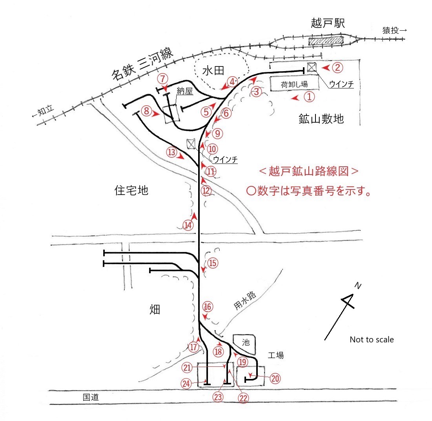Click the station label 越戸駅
point(328,23)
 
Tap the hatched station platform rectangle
point(326,41)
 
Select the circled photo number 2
point(337,68)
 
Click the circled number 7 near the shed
point(162,79)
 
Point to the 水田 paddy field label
point(213,71)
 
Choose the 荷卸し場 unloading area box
point(294,84)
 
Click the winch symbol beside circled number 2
point(312,67)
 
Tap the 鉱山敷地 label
point(321,119)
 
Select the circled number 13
point(171,152)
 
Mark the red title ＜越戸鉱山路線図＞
point(308,171)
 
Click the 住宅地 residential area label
point(131,191)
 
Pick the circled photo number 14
point(188,225)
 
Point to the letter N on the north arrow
point(357,285)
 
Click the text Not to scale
point(372,340)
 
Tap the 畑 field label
point(155,309)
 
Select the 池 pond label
point(246,343)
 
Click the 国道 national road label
point(91,397)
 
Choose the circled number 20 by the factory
point(275,378)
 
